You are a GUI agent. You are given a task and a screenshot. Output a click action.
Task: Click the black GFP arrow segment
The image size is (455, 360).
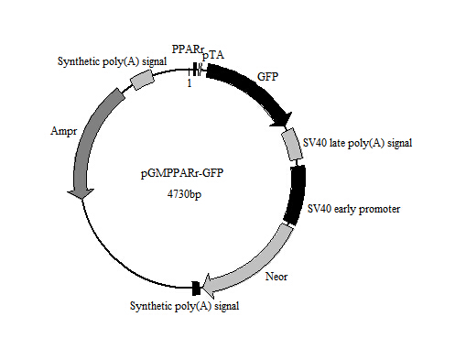pyautogui.click(x=252, y=92)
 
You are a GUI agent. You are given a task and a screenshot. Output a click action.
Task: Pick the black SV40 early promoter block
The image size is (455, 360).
pyautogui.click(x=295, y=195)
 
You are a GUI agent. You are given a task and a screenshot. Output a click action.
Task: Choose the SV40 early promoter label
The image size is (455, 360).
pyautogui.click(x=354, y=209)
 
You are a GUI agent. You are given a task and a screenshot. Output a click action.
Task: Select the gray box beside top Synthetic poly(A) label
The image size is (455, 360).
pyautogui.click(x=142, y=81)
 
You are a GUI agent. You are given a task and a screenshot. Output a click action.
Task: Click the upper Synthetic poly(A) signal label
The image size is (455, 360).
pyautogui.click(x=99, y=61)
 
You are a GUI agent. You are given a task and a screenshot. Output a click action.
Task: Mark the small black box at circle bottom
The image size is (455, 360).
pyautogui.click(x=195, y=289)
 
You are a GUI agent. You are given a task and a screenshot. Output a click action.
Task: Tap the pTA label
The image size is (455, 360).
pyautogui.click(x=212, y=56)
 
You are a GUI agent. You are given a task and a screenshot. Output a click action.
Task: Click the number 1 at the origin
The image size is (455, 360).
pyautogui.click(x=189, y=84)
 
